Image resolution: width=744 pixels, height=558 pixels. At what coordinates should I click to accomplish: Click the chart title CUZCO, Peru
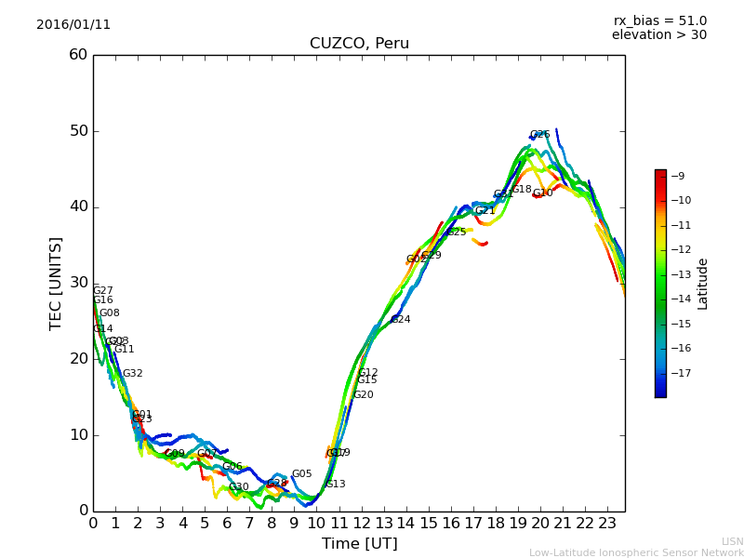pos(359,44)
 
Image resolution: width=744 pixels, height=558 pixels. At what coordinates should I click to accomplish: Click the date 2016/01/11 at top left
pos(73,25)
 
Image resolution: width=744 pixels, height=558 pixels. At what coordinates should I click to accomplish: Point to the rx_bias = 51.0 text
pos(659,21)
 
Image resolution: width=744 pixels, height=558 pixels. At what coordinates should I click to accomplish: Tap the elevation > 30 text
pos(658,35)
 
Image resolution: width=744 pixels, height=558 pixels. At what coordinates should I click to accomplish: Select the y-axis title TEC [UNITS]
pos(57,283)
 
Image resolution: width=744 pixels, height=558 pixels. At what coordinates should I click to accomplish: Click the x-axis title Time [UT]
pos(359,543)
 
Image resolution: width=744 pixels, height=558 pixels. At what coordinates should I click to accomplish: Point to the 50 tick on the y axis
pos(77,131)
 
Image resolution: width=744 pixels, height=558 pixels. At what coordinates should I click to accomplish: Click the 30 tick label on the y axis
pos(77,283)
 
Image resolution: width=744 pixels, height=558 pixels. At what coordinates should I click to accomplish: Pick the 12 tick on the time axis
pos(361,523)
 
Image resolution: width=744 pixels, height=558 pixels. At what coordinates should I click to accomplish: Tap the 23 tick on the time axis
pos(606,523)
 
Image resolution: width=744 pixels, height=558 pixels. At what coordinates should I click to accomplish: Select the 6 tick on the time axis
pos(227,523)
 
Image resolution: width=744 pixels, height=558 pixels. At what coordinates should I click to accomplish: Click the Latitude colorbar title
pos(703,284)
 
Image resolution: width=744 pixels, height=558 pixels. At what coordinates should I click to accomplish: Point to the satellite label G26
pos(540,135)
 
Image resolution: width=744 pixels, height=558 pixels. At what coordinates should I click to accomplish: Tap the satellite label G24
pos(400,320)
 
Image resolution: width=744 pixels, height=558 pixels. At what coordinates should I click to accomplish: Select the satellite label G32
pos(133,374)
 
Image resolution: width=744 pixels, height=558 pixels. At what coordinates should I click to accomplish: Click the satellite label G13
pos(336,485)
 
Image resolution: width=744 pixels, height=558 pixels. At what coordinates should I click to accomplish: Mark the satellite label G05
pos(302,474)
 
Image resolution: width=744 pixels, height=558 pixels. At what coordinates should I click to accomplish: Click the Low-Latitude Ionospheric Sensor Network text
pos(636,552)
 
